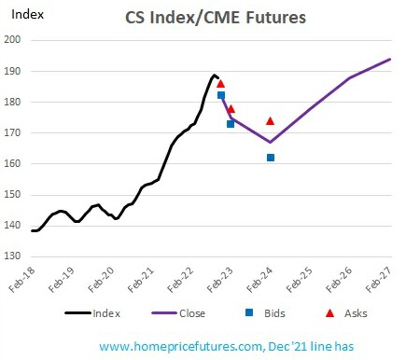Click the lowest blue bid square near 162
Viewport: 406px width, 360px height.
tap(271, 158)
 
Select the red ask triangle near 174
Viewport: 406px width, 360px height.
tap(271, 120)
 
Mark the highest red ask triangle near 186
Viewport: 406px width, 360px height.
tap(220, 84)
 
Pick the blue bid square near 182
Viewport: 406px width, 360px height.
tap(221, 95)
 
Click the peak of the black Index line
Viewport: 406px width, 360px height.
tap(214, 75)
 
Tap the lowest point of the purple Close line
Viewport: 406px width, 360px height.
tap(271, 143)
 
